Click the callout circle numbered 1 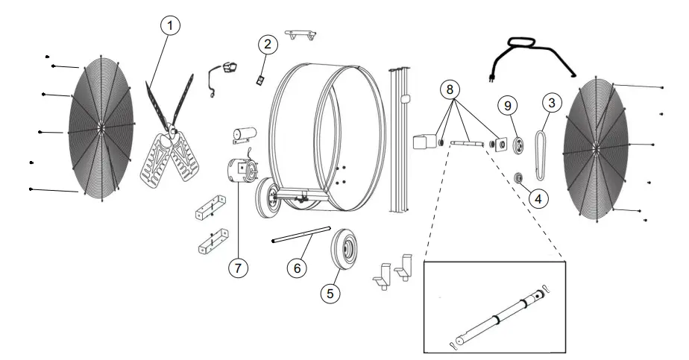pos(171,25)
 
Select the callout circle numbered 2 pos(267,45)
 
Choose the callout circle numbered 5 pos(330,293)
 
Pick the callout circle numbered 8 pos(448,89)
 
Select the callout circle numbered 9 pos(508,107)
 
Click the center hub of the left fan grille pos(99,127)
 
